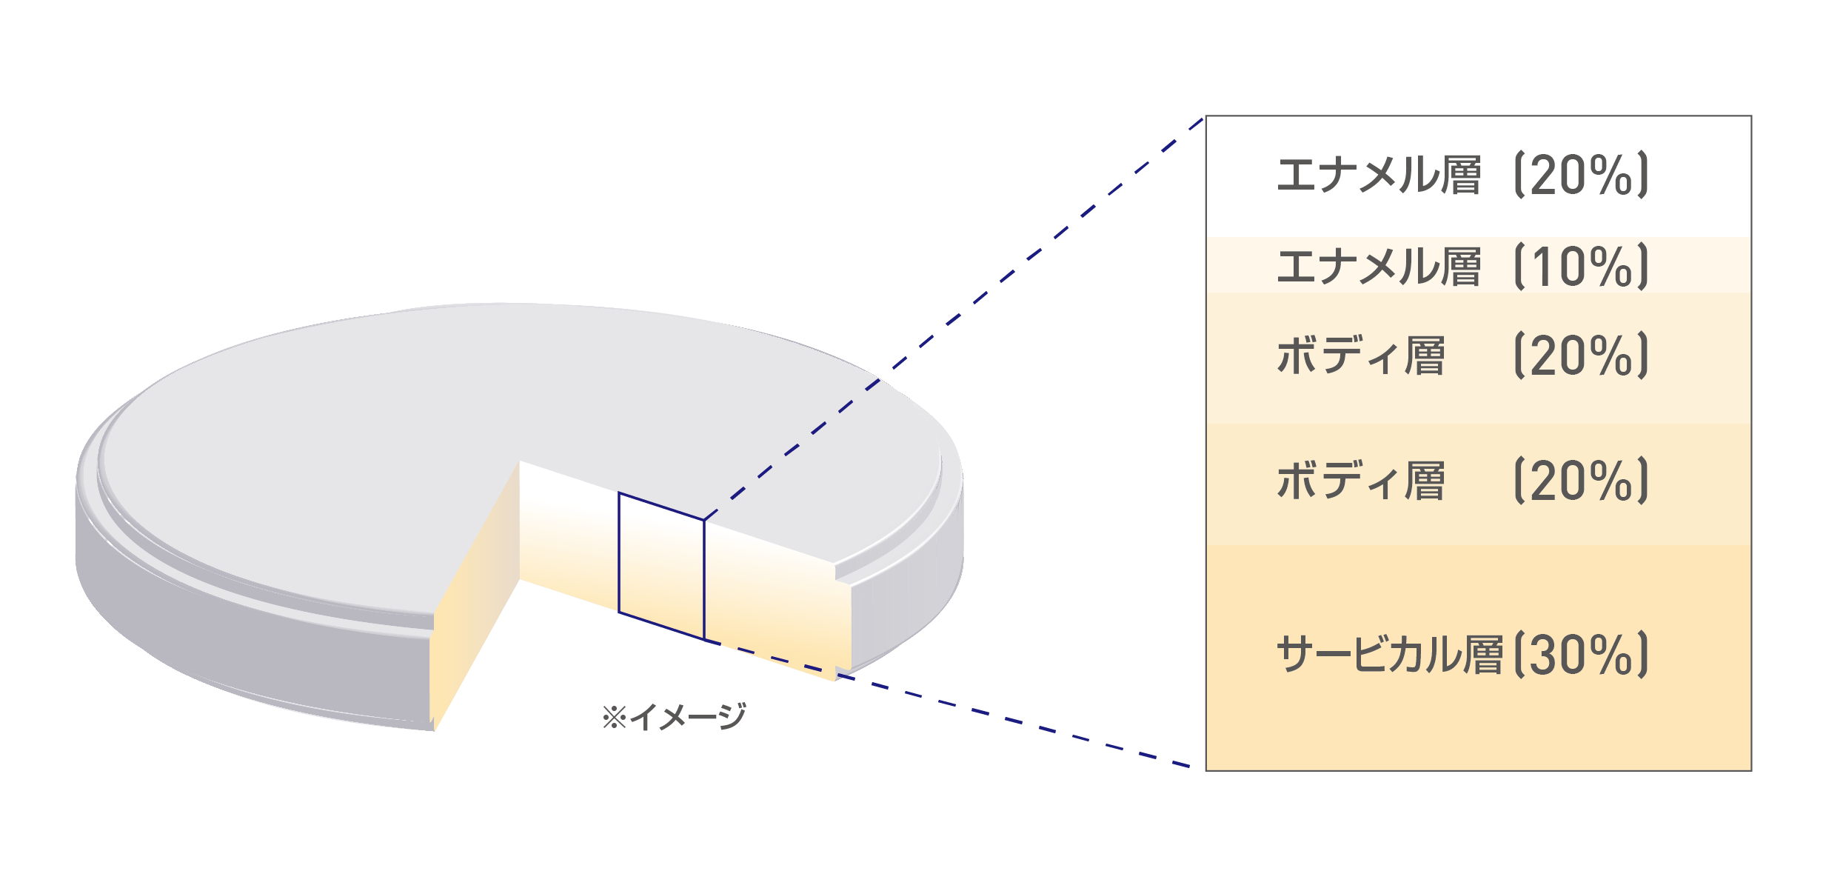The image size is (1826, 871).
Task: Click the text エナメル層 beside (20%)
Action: point(1379,176)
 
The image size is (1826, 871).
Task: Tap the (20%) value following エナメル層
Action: point(1582,176)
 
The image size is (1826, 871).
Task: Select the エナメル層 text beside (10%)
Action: point(1379,267)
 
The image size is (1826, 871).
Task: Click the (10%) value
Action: point(1582,266)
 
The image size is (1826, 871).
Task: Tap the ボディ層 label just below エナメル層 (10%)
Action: point(1361,356)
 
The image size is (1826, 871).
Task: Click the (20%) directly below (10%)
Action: point(1582,356)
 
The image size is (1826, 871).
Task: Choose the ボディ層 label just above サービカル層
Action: point(1361,481)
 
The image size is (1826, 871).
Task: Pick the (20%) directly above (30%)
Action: point(1582,481)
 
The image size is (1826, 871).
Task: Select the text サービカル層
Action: point(1390,655)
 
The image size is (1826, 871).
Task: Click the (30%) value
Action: point(1582,655)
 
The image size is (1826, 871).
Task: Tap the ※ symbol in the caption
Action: point(615,717)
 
